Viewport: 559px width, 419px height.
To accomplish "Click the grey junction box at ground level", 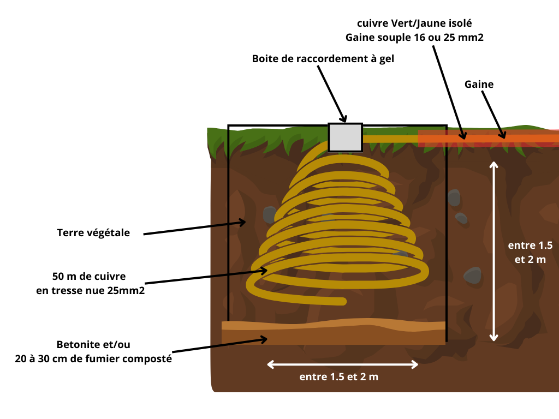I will (345, 137).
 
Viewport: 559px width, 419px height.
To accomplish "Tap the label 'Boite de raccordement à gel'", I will (323, 58).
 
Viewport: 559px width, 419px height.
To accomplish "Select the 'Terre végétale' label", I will (93, 233).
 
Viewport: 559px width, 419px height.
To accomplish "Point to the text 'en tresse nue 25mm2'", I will (90, 291).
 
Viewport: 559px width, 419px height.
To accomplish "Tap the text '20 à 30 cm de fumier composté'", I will (93, 359).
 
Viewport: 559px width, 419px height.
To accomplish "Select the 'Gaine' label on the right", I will (479, 85).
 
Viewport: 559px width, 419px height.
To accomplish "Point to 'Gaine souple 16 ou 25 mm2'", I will (414, 38).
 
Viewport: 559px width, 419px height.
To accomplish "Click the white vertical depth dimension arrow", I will (493, 251).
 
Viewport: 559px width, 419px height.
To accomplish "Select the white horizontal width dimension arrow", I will (342, 364).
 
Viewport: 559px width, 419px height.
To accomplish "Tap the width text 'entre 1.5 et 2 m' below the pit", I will (338, 377).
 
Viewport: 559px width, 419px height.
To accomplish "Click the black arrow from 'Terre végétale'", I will (194, 228).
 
